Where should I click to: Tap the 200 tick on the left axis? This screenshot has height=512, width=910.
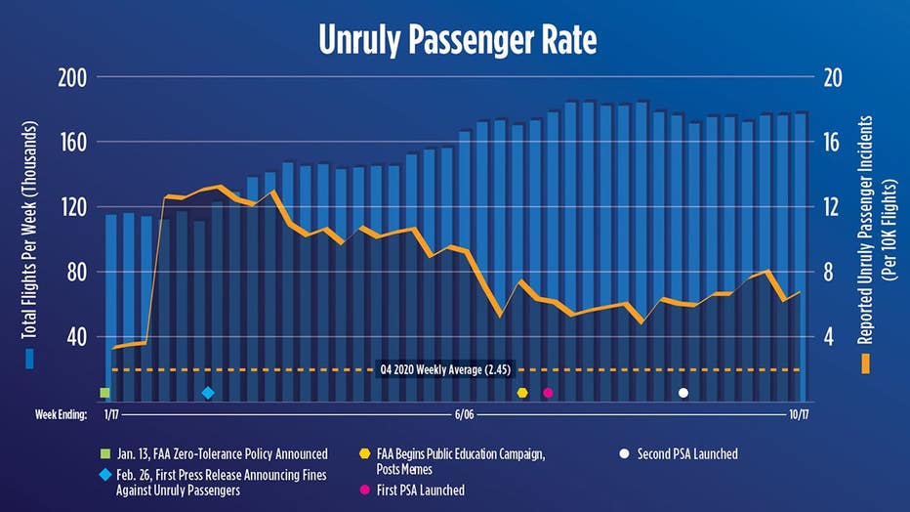(x=73, y=78)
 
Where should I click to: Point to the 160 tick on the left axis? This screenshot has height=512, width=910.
(x=73, y=143)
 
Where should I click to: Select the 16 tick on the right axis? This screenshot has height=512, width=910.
(x=830, y=143)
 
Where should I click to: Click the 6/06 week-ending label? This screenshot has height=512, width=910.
(x=464, y=414)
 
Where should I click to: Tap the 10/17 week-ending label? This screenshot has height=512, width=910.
(x=799, y=414)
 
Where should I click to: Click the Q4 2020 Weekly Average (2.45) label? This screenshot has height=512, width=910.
(x=444, y=369)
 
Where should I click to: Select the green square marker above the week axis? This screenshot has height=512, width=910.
(x=104, y=393)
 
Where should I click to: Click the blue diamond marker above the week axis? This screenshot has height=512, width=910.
(x=207, y=393)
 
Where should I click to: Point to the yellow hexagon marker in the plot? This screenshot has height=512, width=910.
(x=522, y=393)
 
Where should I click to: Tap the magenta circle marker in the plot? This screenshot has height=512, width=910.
(x=548, y=393)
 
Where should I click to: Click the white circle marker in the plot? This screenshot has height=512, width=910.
(x=683, y=393)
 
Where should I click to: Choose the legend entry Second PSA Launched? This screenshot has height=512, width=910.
(x=686, y=454)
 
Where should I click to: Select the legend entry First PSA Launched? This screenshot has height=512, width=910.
(x=420, y=490)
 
